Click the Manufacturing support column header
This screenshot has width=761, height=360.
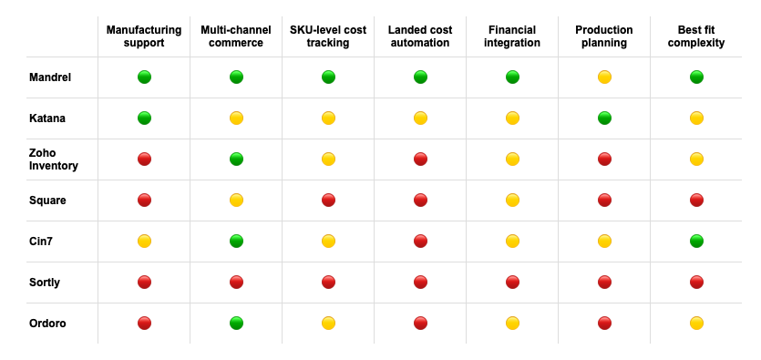click(144, 36)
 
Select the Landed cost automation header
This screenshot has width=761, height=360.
click(419, 36)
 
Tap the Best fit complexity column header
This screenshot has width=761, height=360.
click(696, 36)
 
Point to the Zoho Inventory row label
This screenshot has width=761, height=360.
click(54, 159)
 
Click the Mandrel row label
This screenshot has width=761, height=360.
click(50, 77)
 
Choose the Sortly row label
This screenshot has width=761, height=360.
click(45, 283)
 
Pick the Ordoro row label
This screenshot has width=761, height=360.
click(47, 324)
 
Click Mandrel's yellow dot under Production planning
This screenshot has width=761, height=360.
click(604, 77)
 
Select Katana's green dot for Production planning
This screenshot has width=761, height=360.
click(604, 118)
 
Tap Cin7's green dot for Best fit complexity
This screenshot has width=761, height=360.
click(696, 242)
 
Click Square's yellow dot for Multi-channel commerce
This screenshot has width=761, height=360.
click(236, 201)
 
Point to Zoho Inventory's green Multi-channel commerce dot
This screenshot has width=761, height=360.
click(236, 159)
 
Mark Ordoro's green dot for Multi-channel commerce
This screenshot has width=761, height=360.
click(236, 324)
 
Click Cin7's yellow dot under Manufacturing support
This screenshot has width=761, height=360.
click(144, 242)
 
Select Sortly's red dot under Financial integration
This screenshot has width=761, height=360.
click(512, 283)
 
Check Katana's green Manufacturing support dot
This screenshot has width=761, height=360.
click(144, 118)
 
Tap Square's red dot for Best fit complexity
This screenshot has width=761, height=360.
click(696, 201)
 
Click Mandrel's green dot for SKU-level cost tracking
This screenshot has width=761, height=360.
click(328, 77)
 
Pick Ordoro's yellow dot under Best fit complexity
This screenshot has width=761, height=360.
click(696, 324)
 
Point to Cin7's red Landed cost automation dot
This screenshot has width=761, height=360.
click(420, 242)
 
